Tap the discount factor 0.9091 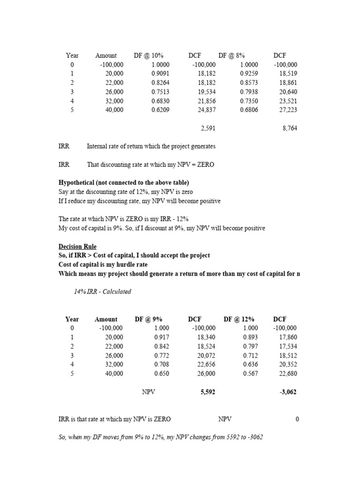(x=160, y=74)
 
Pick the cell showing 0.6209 (x=160, y=110)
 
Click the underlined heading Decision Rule (x=77, y=247)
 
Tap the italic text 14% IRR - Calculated (x=102, y=292)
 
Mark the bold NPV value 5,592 (x=208, y=392)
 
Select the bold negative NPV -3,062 (x=288, y=392)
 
